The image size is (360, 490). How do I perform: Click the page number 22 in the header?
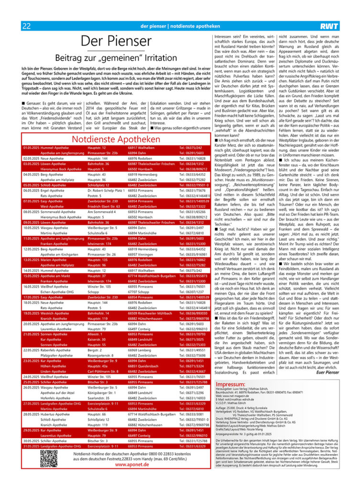[x=27, y=25]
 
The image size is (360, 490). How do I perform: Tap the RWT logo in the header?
[x=330, y=25]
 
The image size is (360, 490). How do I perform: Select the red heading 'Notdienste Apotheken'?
[x=116, y=139]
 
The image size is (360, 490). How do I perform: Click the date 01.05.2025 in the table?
[x=31, y=148]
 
